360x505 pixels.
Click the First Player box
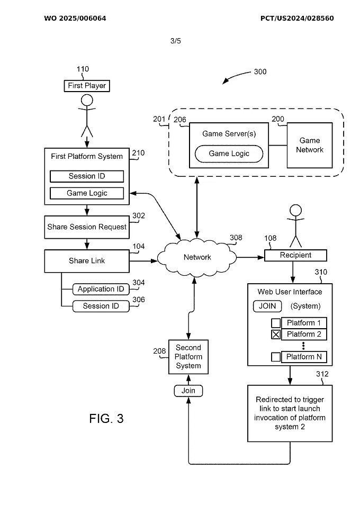[87, 86]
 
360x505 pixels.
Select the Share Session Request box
[87, 227]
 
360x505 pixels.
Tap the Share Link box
[87, 260]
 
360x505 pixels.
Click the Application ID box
[101, 289]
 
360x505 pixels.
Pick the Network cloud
[197, 257]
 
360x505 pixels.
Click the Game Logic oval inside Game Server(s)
[229, 154]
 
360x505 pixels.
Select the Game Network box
[310, 146]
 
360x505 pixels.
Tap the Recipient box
[295, 255]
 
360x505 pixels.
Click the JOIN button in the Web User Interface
[267, 306]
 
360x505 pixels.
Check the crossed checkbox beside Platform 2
[276, 335]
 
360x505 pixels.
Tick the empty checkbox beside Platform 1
[276, 323]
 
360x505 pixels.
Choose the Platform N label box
[304, 357]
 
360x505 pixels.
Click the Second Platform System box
[188, 357]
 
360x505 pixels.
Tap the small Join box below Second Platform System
[188, 391]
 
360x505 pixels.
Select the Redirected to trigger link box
[290, 413]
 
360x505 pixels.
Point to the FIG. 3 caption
[106, 419]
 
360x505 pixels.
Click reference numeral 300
[260, 72]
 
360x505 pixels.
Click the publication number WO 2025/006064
[75, 19]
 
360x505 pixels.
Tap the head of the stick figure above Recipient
[295, 210]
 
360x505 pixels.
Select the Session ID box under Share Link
[101, 306]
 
